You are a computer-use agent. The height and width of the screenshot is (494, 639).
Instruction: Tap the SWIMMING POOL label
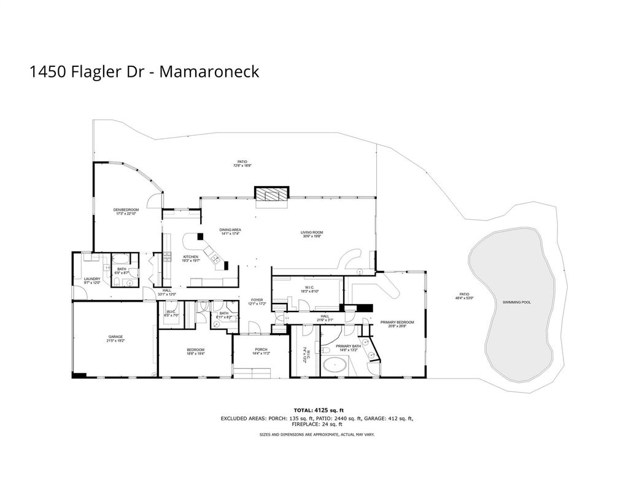click(516, 302)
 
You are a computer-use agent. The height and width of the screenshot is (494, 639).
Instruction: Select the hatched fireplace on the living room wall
click(270, 194)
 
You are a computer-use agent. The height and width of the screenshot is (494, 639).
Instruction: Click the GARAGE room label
click(115, 336)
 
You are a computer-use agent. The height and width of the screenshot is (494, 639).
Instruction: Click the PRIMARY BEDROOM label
click(397, 322)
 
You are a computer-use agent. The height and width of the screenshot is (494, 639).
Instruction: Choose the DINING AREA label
click(229, 230)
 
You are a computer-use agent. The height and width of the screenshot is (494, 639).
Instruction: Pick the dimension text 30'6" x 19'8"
click(311, 237)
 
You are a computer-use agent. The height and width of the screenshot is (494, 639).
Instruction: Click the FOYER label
click(256, 300)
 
